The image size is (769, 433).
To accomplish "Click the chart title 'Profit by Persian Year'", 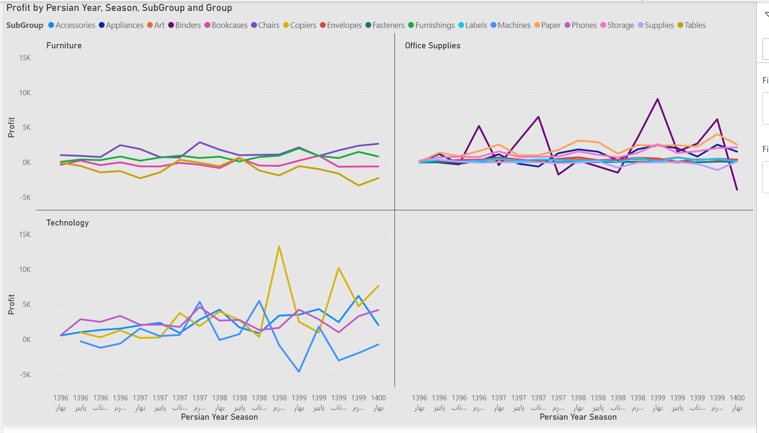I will tap(119, 8).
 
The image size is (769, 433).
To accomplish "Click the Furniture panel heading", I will tap(64, 45).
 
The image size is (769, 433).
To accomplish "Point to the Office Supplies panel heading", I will tap(432, 45).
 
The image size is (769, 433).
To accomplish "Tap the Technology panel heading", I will tap(67, 223).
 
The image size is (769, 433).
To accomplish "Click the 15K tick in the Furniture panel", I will tap(25, 58).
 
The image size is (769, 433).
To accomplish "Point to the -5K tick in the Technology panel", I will tap(25, 375).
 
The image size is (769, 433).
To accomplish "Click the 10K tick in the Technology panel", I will tap(25, 270).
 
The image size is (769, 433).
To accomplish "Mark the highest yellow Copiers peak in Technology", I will tap(279, 246).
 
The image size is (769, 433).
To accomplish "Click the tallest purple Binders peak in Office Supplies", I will tap(657, 99).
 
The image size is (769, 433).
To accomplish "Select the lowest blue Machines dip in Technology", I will tap(299, 371).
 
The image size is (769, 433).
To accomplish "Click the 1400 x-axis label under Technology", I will tap(378, 398).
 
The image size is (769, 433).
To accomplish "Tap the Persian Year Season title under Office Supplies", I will tap(578, 417).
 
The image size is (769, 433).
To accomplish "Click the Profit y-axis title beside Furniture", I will tap(11, 127).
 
